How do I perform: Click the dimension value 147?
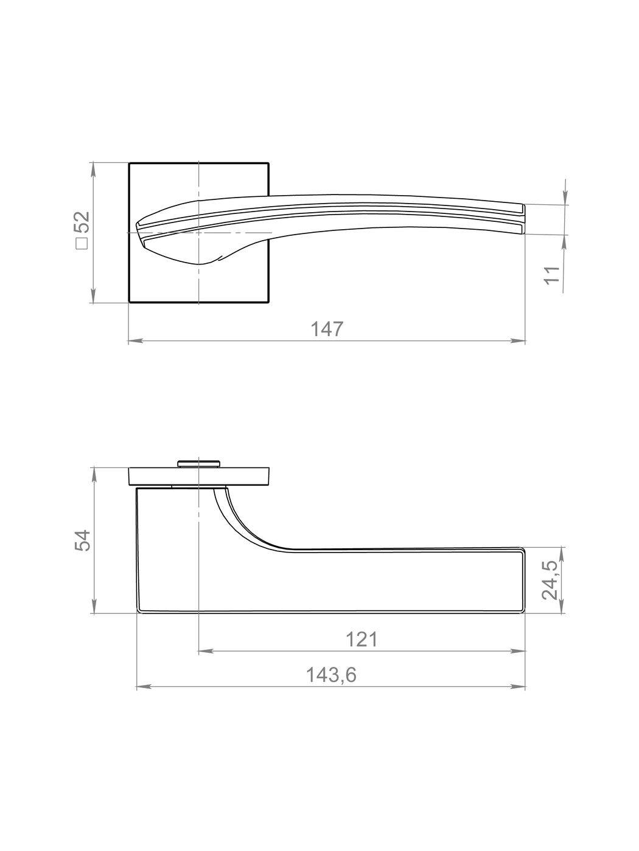(327, 329)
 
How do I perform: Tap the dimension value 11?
(553, 275)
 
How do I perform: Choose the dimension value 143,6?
(331, 675)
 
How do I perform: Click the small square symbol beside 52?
(82, 244)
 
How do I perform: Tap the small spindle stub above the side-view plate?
(198, 463)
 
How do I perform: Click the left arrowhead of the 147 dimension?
(134, 341)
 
